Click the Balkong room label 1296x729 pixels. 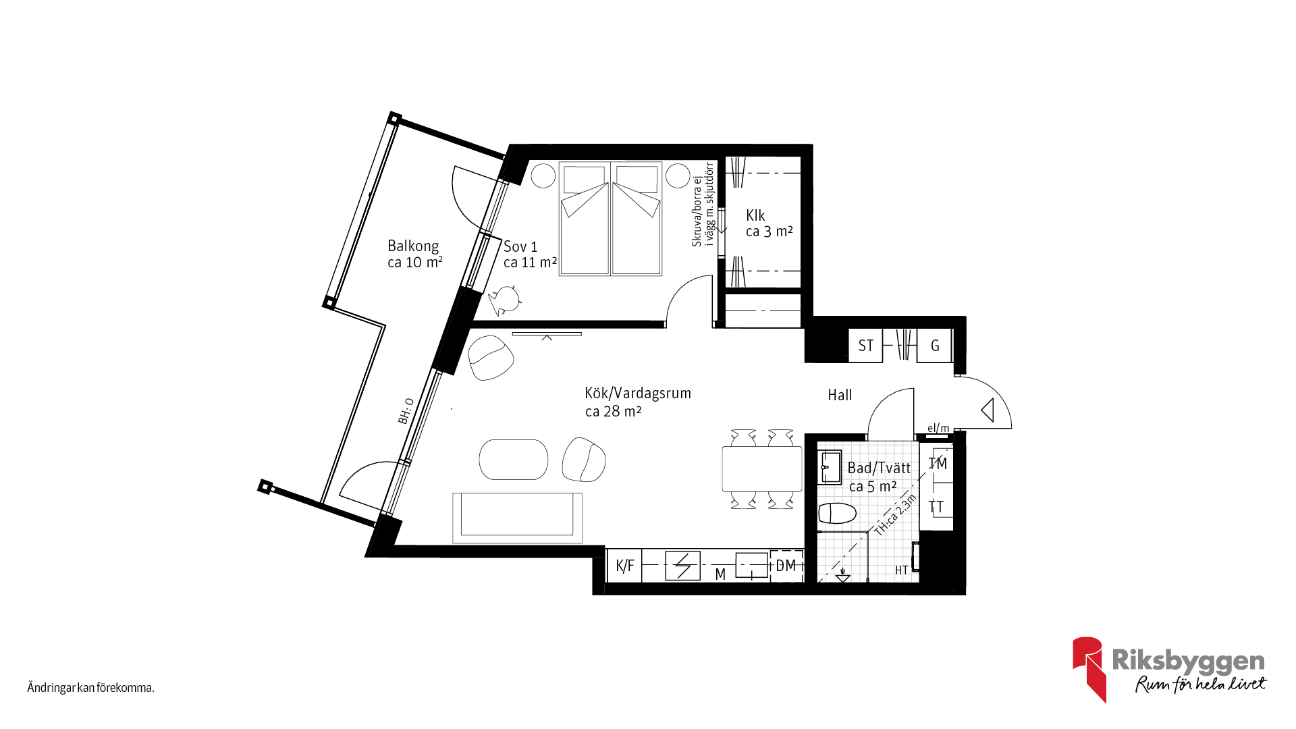pos(413,246)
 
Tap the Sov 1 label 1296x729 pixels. pos(520,247)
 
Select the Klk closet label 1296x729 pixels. pos(755,215)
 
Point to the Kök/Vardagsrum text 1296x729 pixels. pos(638,393)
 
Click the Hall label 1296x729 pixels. pos(840,395)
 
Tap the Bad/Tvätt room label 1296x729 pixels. pos(879,468)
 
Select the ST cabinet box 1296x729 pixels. pos(865,346)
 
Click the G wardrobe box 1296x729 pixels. pos(935,346)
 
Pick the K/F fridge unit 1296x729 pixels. pos(624,566)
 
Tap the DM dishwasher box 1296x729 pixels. pos(786,566)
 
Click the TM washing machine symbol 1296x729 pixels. pos(937,463)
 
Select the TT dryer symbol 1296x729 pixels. pos(937,506)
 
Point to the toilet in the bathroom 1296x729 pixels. pos(837,513)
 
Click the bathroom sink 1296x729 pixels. pos(830,467)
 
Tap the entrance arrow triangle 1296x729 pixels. pos(988,410)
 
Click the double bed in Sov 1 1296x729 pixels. pos(610,219)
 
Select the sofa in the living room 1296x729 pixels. pos(517,518)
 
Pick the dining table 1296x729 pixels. pos(762,469)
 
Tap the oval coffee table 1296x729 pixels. pos(514,460)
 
